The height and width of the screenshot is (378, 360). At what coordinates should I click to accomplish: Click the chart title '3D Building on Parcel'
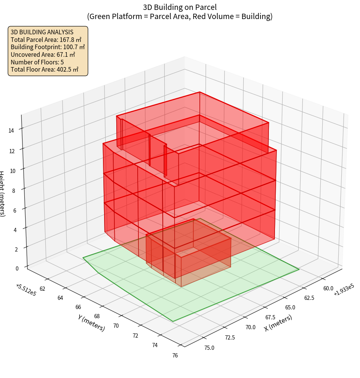coord(180,7)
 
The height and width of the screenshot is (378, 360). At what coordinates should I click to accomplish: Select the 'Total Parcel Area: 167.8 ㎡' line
coord(46,39)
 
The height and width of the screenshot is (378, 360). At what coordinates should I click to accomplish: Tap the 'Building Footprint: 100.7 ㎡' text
coord(48,47)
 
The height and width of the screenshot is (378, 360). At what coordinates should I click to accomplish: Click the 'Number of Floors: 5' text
coord(37,62)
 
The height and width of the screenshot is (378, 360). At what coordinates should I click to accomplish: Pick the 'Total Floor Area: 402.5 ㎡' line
coord(45,69)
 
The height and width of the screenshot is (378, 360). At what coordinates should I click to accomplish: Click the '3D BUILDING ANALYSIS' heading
coord(42,32)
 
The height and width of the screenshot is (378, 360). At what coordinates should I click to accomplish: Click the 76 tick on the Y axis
coord(175,356)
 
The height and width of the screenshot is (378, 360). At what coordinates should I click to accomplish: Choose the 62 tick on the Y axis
coord(42,289)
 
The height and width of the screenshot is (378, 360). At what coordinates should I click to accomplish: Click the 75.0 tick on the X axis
coord(209,348)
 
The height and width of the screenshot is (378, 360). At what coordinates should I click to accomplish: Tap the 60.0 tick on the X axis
coord(328,288)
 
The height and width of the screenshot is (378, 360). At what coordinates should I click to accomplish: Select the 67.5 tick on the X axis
coord(270,317)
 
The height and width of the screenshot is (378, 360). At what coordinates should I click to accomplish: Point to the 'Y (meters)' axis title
coord(92,322)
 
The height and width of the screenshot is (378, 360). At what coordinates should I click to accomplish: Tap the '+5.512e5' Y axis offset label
coord(26,290)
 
